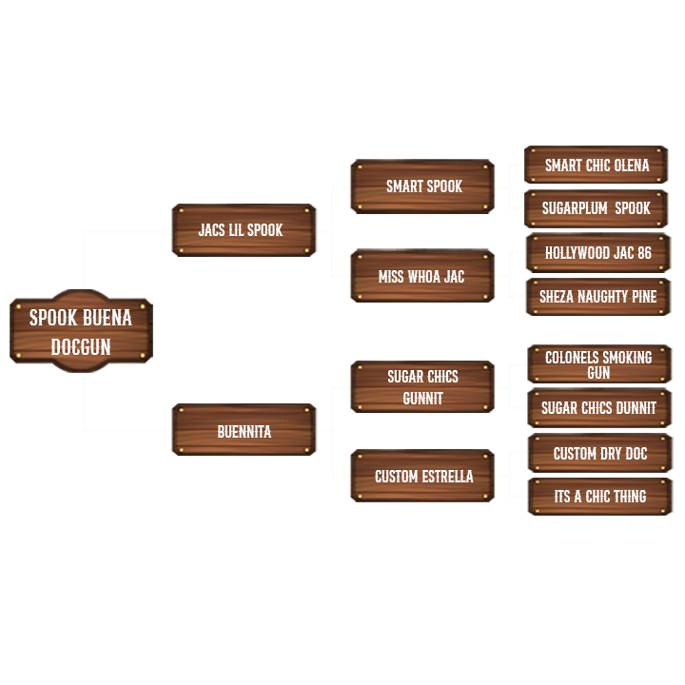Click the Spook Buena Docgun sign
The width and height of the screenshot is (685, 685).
pyautogui.click(x=81, y=331)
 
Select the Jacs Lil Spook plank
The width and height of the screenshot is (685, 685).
pyautogui.click(x=244, y=230)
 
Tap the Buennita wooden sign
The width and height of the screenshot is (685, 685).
pyautogui.click(x=244, y=431)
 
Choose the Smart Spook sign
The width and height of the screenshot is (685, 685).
pyautogui.click(x=422, y=186)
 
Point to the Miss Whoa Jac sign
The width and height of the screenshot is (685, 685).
pyautogui.click(x=422, y=277)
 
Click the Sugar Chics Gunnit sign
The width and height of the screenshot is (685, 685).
pyautogui.click(x=422, y=387)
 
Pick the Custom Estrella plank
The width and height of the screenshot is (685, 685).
pyautogui.click(x=422, y=476)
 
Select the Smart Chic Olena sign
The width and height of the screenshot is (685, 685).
pyautogui.click(x=597, y=165)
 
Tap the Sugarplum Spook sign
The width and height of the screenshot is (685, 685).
pyautogui.click(x=597, y=208)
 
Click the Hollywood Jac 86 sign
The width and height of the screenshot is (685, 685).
pyautogui.click(x=597, y=253)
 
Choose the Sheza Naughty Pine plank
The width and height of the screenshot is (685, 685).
pyautogui.click(x=597, y=297)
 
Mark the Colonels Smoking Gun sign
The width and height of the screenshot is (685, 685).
pyautogui.click(x=598, y=364)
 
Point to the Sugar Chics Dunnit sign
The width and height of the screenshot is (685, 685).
pyautogui.click(x=598, y=408)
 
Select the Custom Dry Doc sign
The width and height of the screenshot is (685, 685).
pyautogui.click(x=599, y=453)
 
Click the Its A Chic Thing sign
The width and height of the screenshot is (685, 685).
pyautogui.click(x=599, y=497)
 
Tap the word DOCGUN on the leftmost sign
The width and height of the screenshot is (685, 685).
pyautogui.click(x=81, y=347)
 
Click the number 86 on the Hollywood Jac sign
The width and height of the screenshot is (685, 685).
pyautogui.click(x=644, y=253)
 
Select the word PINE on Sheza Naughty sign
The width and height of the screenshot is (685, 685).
pyautogui.click(x=641, y=297)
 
